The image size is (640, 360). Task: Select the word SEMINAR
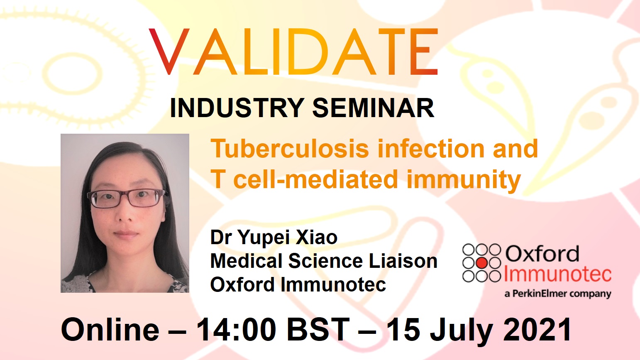(x=374, y=108)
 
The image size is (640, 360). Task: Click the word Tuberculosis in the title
(x=290, y=148)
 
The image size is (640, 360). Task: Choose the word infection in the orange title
(x=431, y=148)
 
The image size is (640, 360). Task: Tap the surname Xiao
(x=317, y=238)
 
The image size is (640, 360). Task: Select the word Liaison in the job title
(x=403, y=261)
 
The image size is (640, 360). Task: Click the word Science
(x=325, y=261)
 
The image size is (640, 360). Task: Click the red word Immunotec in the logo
(x=557, y=274)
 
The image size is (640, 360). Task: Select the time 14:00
(x=236, y=330)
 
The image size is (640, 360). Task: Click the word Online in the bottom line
(x=110, y=330)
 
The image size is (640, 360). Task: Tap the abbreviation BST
(x=318, y=330)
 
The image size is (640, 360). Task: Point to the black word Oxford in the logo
(x=542, y=254)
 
